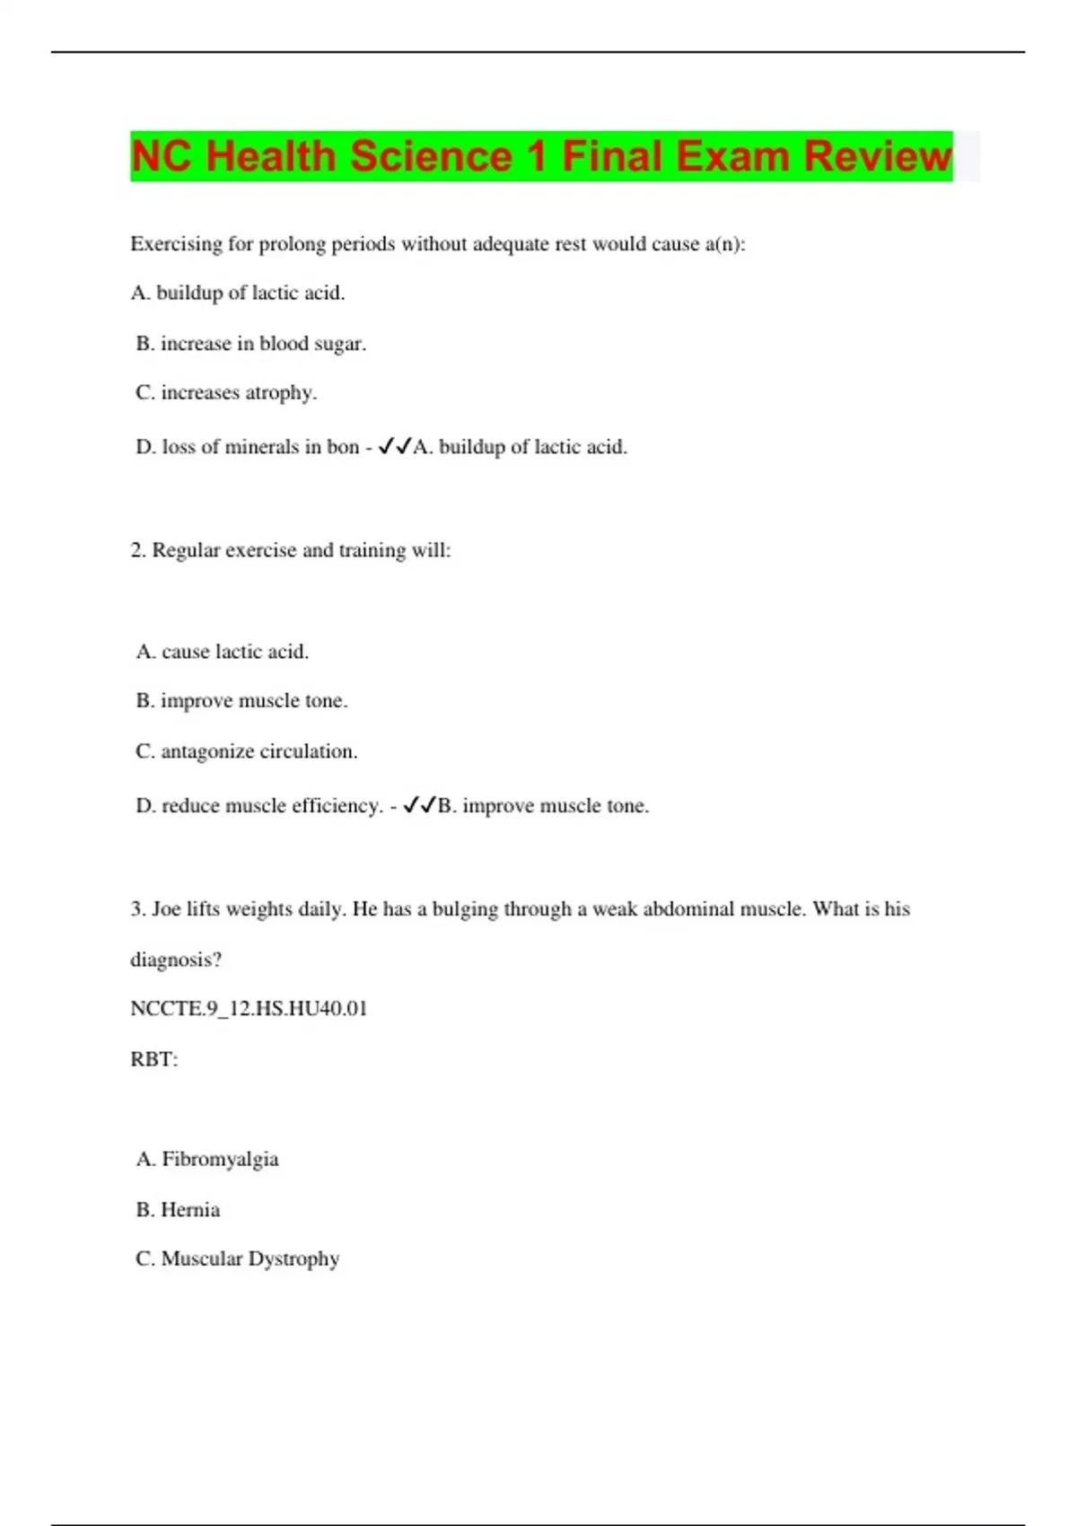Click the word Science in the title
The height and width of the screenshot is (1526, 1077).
(430, 157)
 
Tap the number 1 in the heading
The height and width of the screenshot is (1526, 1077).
(537, 157)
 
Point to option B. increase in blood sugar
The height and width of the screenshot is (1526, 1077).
(250, 343)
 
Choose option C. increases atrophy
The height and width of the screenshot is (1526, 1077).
(226, 392)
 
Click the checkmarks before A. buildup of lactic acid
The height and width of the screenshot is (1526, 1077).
(395, 446)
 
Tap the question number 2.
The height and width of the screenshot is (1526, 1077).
(138, 550)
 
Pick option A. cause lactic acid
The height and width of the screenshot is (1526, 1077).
(222, 652)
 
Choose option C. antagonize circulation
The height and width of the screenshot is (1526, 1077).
(246, 751)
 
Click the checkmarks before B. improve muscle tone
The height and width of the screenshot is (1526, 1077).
(419, 805)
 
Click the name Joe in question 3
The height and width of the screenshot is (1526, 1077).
(166, 909)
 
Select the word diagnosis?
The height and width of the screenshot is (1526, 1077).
(176, 960)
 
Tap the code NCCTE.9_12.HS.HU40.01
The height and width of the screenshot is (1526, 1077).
(249, 1009)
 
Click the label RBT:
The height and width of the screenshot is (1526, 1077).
(154, 1059)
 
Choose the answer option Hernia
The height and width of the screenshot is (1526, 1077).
(189, 1210)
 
